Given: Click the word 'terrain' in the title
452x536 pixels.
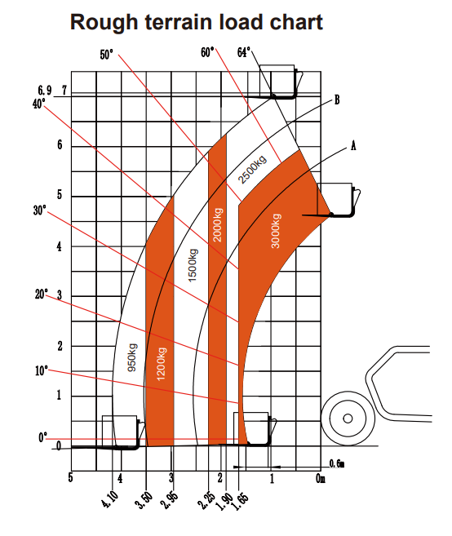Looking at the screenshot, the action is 179,22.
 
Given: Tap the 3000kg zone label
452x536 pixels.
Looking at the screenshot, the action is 276,231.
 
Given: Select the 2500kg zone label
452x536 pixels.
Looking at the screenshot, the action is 252,169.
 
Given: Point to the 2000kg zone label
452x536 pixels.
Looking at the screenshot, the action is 218,224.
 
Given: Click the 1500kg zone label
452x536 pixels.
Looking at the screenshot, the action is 193,265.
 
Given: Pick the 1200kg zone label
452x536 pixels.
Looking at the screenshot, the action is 161,364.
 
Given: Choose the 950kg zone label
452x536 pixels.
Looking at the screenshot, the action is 132,357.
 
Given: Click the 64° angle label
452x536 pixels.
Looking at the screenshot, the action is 244,53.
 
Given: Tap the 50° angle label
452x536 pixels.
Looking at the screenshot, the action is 106,55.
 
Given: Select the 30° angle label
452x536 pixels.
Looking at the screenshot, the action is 40,210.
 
